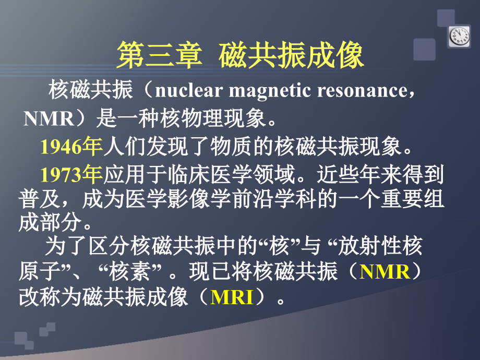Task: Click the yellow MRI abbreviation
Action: click(x=232, y=298)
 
